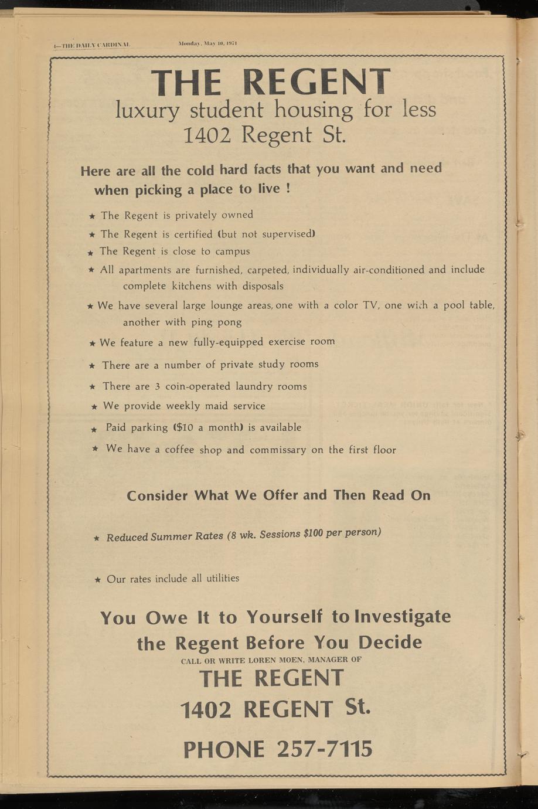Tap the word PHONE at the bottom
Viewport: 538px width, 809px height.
(223, 750)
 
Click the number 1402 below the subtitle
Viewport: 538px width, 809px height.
(209, 136)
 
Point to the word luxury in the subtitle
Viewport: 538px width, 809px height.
(147, 110)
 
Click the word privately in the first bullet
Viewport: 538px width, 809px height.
(196, 215)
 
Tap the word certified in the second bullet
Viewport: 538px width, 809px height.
(193, 234)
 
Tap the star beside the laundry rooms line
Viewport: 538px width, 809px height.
(93, 386)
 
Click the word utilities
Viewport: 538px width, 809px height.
(222, 578)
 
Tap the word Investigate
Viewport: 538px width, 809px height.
(403, 617)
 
